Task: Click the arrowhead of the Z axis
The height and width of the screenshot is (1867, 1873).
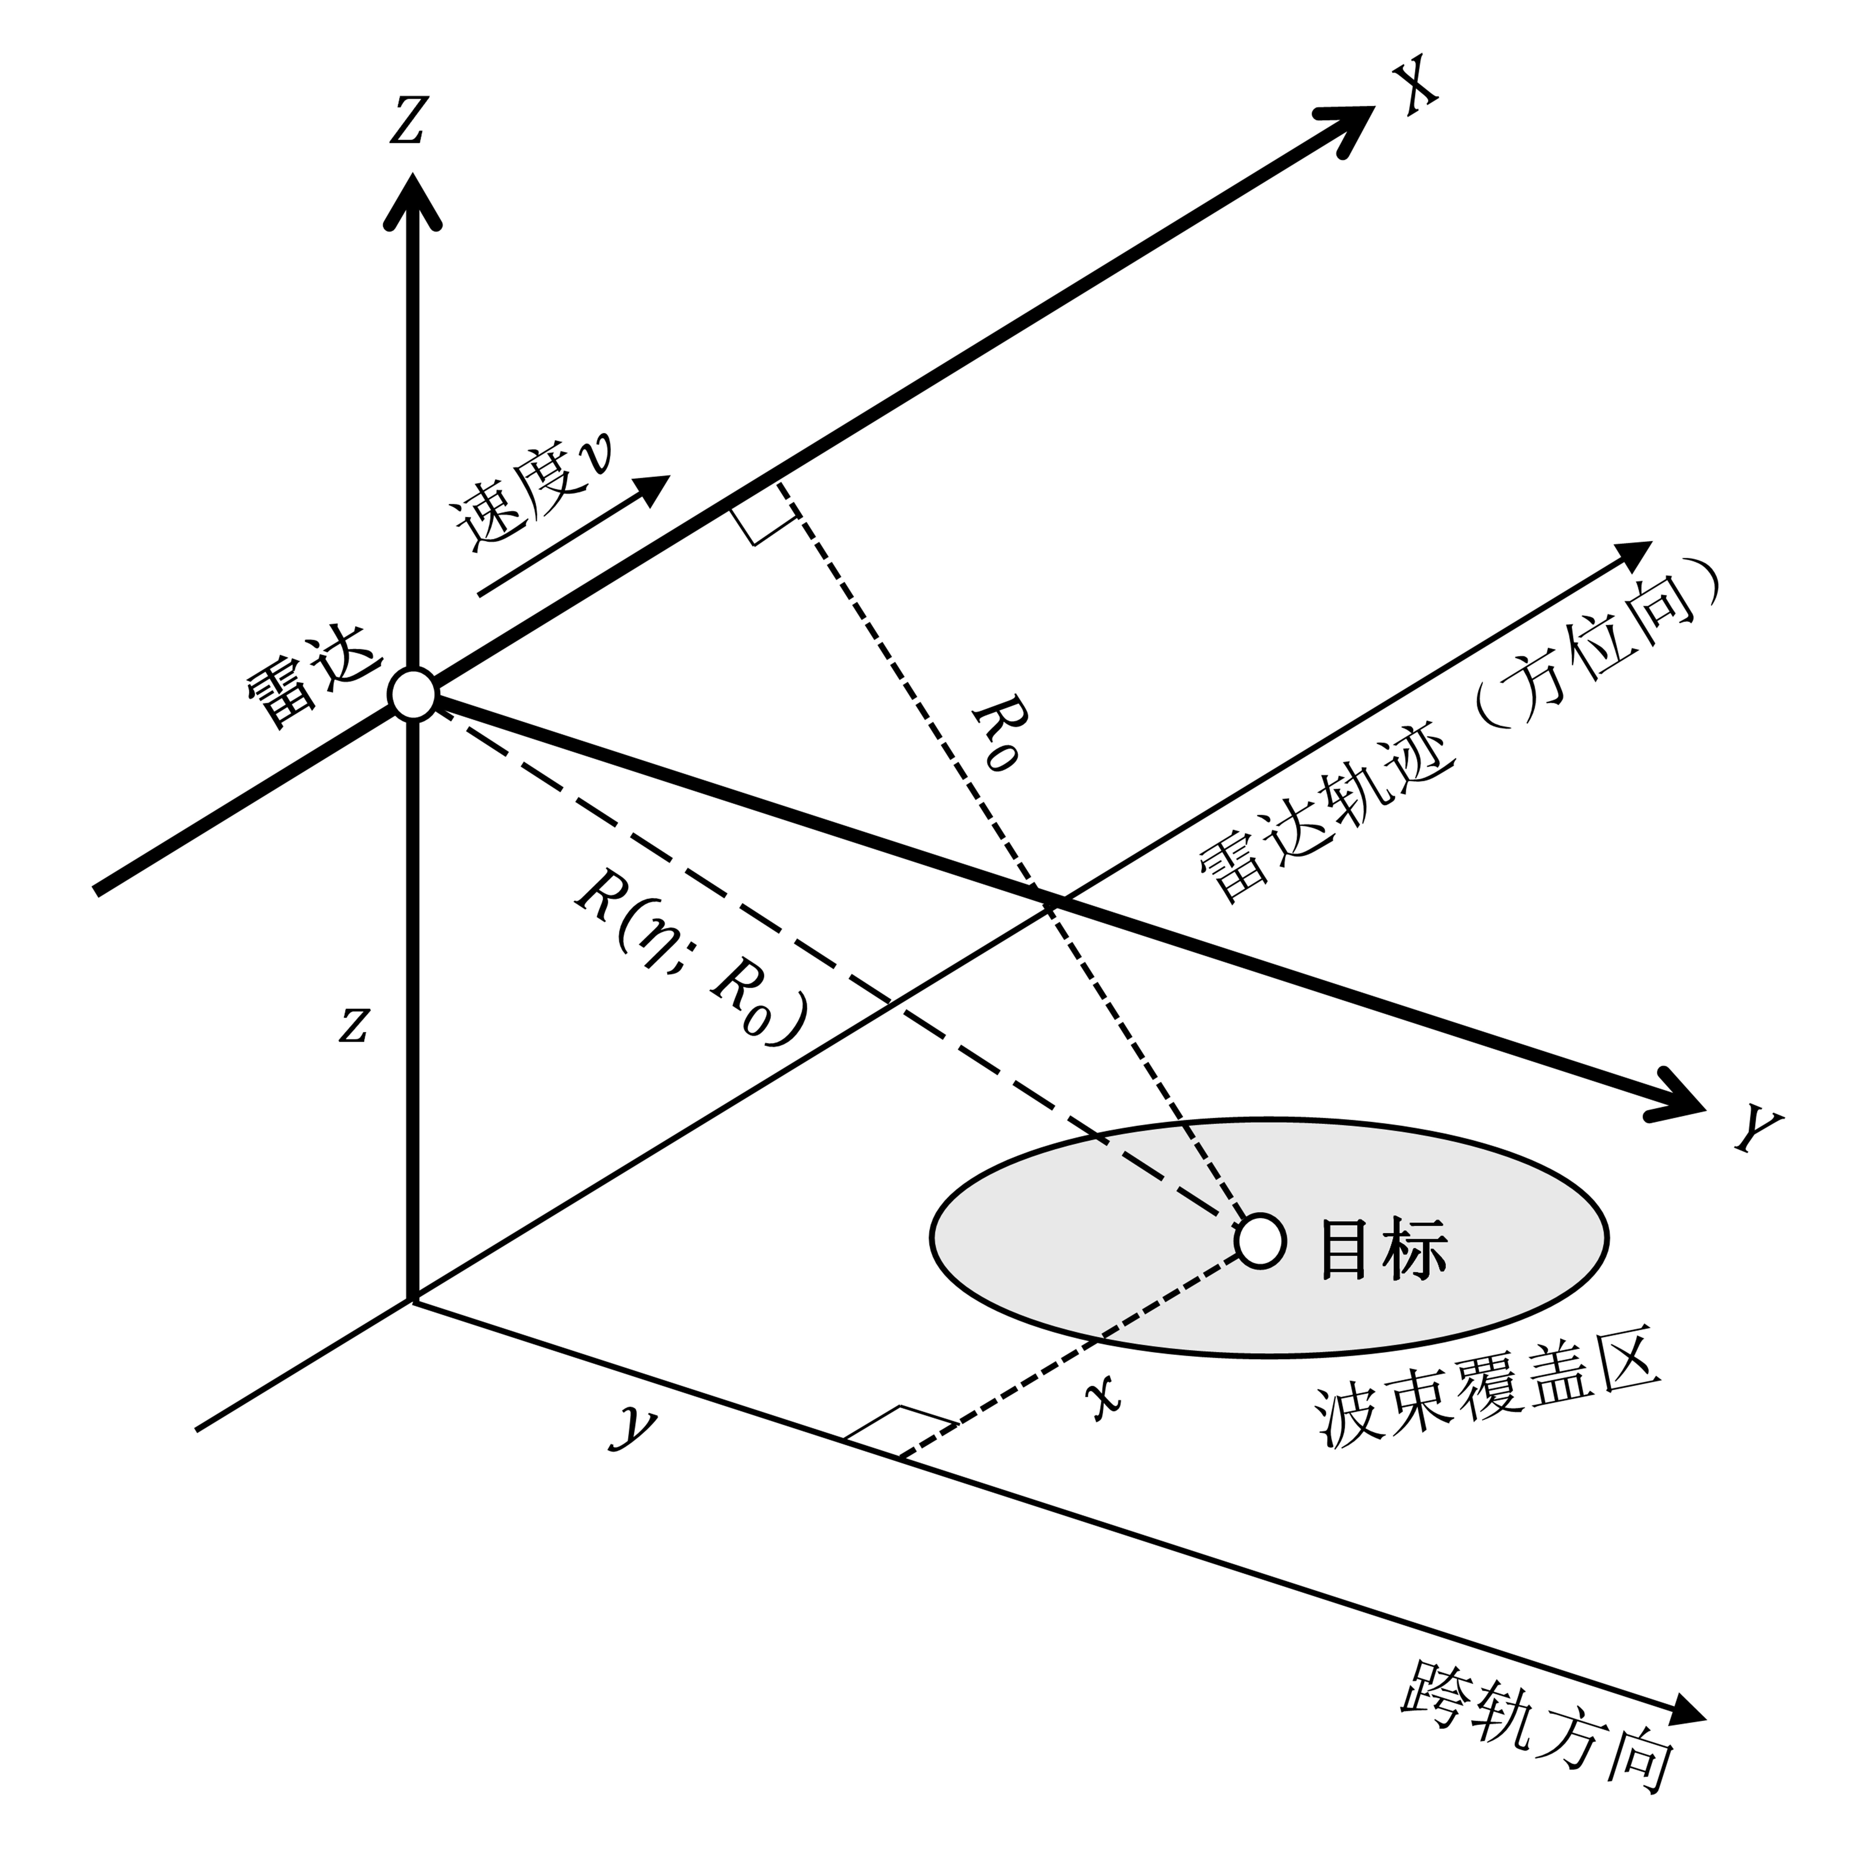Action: click(414, 199)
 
